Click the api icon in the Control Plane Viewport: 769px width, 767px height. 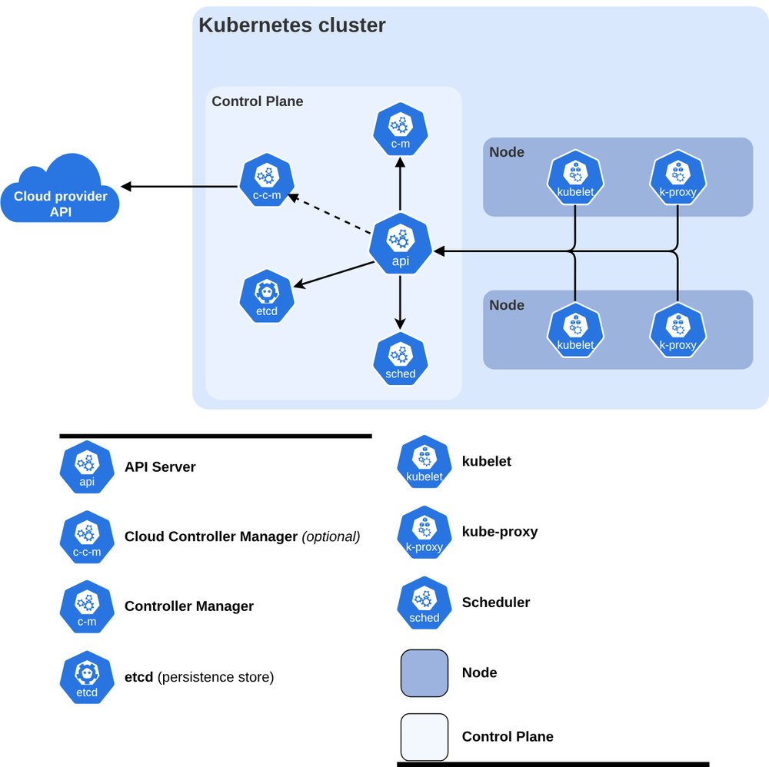point(400,243)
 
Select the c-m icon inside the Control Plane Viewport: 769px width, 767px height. point(400,129)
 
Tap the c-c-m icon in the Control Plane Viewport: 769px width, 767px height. point(267,180)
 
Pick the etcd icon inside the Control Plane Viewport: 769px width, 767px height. point(267,296)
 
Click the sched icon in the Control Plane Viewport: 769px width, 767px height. point(400,359)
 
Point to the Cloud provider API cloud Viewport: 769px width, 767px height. point(60,190)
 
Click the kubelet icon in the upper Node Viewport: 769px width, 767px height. point(575,178)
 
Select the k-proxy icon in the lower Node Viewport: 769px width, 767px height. point(677,330)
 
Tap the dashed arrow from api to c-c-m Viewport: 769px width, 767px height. point(329,214)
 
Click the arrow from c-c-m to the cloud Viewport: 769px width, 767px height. point(179,186)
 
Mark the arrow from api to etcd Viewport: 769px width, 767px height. point(334,274)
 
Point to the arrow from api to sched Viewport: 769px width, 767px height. point(400,302)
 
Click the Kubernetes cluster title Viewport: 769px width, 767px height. point(291,25)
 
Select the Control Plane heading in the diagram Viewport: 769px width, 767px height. point(258,101)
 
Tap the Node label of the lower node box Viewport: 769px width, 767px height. point(507,305)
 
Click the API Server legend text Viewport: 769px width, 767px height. point(160,467)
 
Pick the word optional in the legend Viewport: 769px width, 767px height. point(331,536)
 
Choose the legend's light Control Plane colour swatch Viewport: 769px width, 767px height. point(424,736)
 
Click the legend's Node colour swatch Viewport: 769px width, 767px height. point(424,673)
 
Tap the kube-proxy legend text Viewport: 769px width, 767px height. point(500,532)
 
